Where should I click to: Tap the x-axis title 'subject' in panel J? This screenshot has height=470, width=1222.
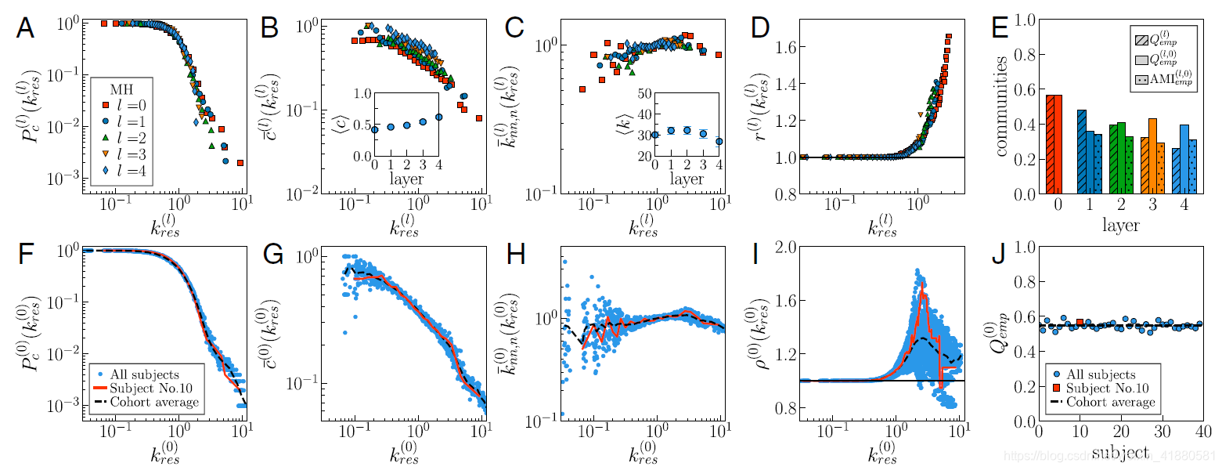1120,452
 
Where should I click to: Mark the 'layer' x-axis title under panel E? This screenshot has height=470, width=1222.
1120,225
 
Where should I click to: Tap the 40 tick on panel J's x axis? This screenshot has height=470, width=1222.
1203,432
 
